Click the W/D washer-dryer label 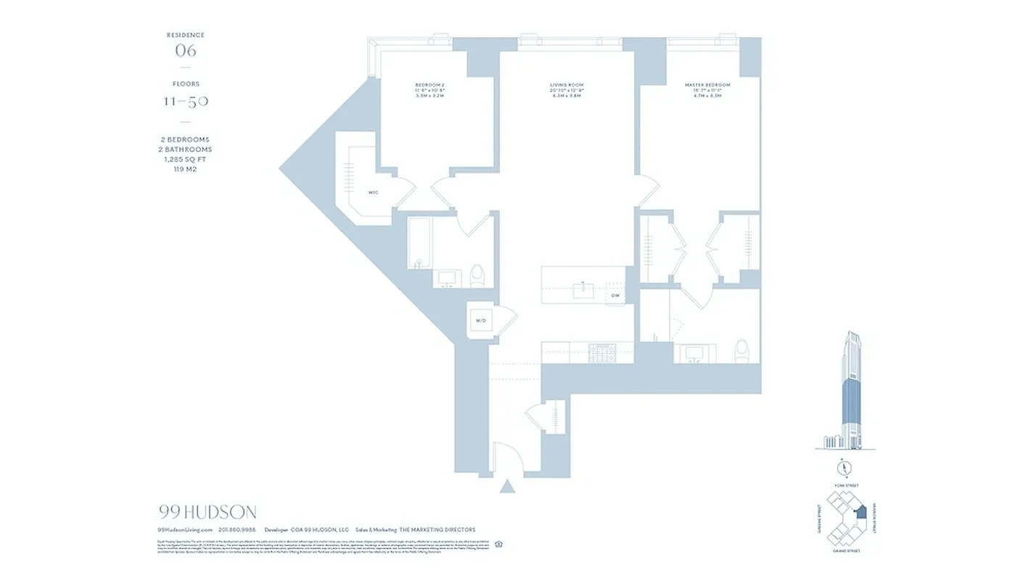point(480,320)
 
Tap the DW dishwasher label point(615,296)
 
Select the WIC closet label point(373,192)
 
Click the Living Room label point(566,86)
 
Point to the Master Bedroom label point(707,86)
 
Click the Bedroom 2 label point(430,86)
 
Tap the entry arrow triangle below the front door point(508,486)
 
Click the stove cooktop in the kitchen point(601,352)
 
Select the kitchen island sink point(583,290)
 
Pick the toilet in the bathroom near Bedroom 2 point(477,275)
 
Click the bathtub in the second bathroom point(419,243)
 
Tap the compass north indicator point(842,467)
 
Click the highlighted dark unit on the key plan point(860,511)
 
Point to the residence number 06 point(186,51)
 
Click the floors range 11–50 point(186,101)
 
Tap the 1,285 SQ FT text point(186,159)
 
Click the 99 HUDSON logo point(207,512)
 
